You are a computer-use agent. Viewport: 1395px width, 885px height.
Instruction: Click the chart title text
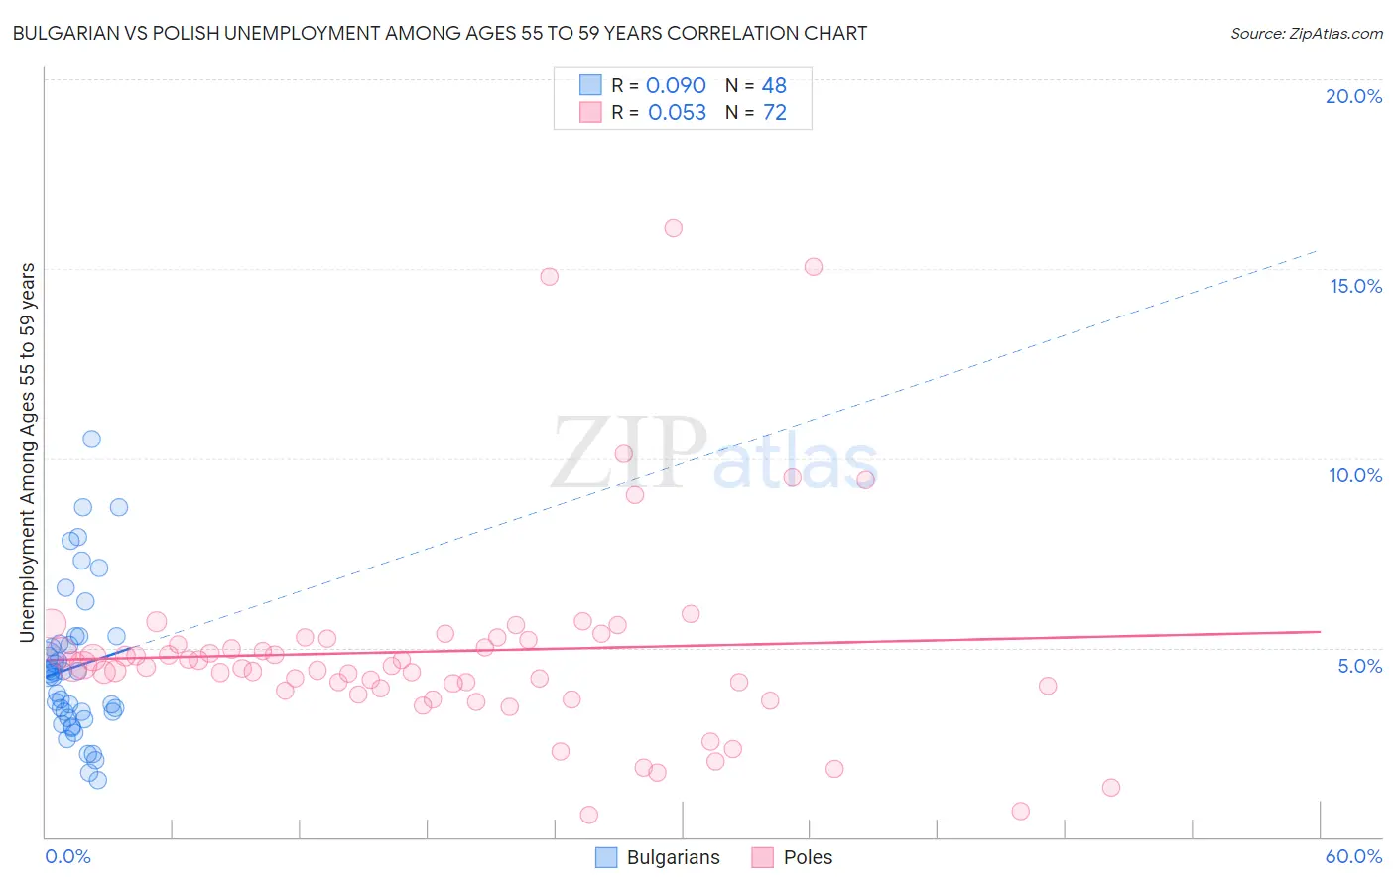tap(440, 34)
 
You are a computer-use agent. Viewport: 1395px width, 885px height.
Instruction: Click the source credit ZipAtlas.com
tap(1306, 34)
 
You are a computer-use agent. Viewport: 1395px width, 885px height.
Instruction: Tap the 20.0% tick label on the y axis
tap(1353, 96)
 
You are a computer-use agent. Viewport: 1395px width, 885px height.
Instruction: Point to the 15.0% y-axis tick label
tap(1355, 286)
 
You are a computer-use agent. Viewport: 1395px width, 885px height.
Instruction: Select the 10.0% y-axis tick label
tap(1355, 475)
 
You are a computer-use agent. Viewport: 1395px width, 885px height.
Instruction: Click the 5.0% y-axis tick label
tap(1359, 666)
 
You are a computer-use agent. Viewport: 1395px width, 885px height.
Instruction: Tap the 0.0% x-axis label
tap(67, 856)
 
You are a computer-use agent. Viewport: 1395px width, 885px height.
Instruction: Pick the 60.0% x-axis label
tap(1353, 856)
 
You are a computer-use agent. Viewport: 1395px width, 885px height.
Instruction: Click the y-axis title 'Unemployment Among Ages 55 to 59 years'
tap(28, 452)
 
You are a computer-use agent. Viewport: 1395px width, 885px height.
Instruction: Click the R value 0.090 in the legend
tap(676, 86)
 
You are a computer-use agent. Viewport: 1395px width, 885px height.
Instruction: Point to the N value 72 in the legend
tap(775, 113)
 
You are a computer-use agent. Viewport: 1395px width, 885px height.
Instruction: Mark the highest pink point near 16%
tap(673, 228)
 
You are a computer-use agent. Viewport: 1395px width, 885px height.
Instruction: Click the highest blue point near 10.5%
tap(91, 439)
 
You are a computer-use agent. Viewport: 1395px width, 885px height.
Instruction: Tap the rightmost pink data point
tap(1111, 788)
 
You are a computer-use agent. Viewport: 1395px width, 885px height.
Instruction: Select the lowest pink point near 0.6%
tap(588, 815)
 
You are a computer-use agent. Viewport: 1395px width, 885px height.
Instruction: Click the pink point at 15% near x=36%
tap(814, 266)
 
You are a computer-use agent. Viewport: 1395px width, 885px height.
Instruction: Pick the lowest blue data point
tap(97, 780)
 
